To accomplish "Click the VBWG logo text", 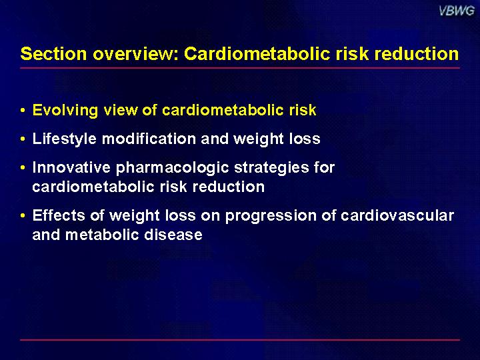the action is click(457, 11).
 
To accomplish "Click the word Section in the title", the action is click(53, 53).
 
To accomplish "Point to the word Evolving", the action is click(65, 111).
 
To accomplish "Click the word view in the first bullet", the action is click(121, 110).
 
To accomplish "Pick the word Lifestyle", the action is click(64, 139).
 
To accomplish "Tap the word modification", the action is click(149, 139).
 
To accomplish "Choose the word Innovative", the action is click(71, 167).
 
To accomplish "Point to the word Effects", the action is click(59, 215).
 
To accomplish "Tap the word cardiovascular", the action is click(397, 215).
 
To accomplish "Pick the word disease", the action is click(173, 235).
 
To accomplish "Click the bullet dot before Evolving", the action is click(23, 111).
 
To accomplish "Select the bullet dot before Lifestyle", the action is click(23, 139).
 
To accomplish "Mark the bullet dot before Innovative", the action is click(23, 168).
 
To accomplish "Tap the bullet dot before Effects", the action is click(23, 216).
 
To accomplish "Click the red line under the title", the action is click(240, 68).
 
